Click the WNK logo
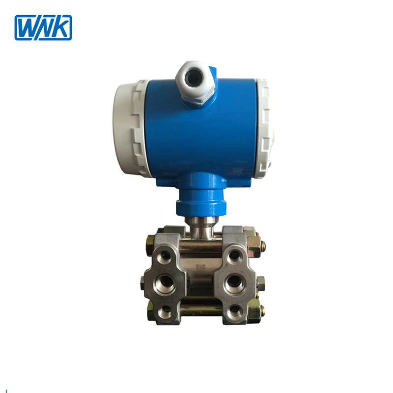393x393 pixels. [43, 28]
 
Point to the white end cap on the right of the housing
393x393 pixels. [263, 128]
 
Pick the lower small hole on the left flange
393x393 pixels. [166, 309]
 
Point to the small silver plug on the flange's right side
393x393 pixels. [260, 282]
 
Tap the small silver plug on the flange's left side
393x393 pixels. [142, 282]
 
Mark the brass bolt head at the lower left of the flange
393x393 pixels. [149, 309]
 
